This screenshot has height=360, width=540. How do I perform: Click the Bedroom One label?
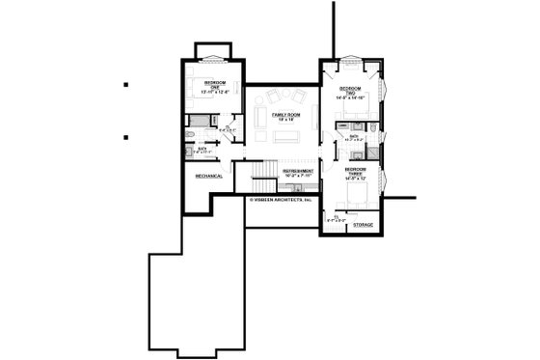[214, 87]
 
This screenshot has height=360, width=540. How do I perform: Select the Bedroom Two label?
[349, 94]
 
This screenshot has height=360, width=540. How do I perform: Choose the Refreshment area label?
[298, 172]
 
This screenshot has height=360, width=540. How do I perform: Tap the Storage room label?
[363, 225]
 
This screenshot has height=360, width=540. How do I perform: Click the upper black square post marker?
[127, 85]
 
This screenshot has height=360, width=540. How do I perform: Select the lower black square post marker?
[127, 136]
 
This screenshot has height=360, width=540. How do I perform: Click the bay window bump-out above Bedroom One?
[213, 50]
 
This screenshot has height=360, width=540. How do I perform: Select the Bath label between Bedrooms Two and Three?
[354, 137]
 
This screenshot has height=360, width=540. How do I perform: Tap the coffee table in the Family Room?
[284, 136]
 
